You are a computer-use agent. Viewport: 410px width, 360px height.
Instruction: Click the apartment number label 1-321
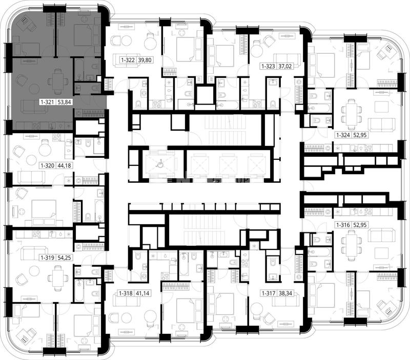(48, 101)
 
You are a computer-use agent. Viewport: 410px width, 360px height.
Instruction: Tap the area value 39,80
(145, 60)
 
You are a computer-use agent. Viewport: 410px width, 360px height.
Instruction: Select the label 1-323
(268, 67)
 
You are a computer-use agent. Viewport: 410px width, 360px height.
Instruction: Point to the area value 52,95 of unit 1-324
(360, 135)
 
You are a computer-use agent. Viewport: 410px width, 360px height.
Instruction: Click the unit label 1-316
(343, 225)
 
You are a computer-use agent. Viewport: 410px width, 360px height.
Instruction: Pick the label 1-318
(126, 293)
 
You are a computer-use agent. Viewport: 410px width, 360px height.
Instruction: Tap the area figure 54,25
(65, 258)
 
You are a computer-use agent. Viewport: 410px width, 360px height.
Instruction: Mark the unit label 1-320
(47, 165)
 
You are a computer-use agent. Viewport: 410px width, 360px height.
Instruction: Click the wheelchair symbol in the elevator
(159, 164)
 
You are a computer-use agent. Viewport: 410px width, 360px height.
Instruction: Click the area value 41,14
(143, 293)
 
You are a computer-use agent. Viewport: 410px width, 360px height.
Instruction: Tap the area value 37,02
(285, 67)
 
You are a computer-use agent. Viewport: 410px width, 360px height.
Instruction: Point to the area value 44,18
(64, 165)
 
